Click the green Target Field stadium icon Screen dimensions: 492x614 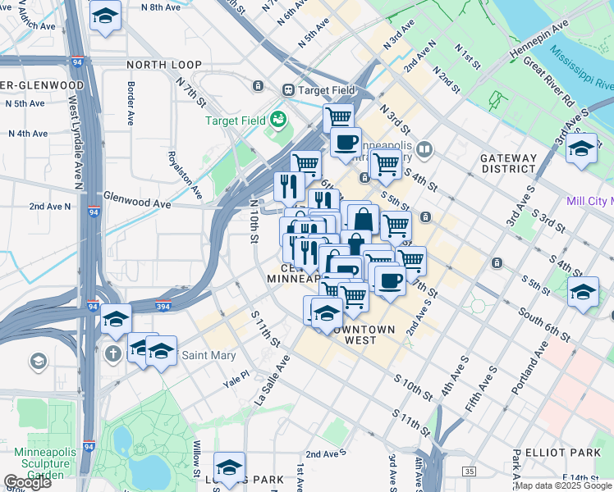[x=279, y=120]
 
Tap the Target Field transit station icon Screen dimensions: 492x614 [x=288, y=89]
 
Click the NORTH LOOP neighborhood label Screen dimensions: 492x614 [x=158, y=63]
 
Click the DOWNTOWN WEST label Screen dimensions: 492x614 [x=364, y=335]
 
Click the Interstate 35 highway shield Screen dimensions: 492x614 [x=469, y=471]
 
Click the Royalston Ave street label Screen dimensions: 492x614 [x=184, y=175]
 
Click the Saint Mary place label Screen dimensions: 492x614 [x=208, y=355]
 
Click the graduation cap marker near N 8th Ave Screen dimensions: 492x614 [x=105, y=16]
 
